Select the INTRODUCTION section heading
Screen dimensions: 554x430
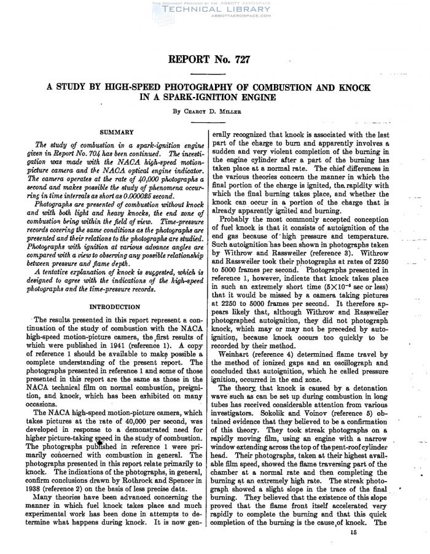(x=116, y=305)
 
